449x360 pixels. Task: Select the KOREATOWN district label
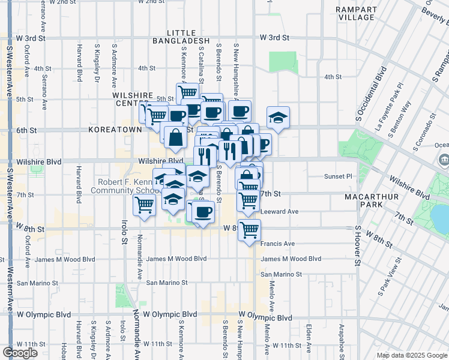tap(115, 129)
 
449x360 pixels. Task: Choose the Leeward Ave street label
tap(280, 212)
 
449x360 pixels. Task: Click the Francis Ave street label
tap(279, 244)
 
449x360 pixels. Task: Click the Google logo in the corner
tap(19, 353)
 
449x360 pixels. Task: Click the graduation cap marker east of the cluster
tap(278, 118)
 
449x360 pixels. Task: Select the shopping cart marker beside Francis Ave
tap(249, 230)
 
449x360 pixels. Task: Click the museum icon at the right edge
tap(444, 160)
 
